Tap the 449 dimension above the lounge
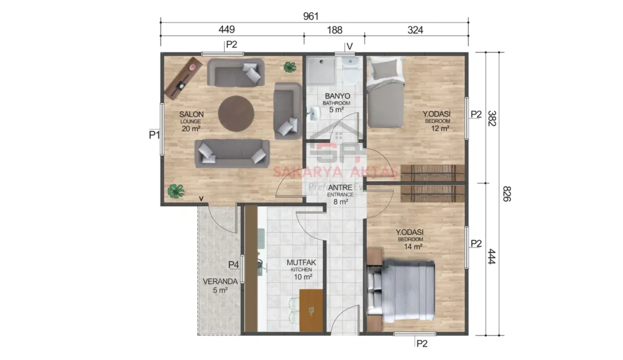[226, 29]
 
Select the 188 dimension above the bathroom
[334, 29]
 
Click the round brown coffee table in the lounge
[236, 114]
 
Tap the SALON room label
[191, 114]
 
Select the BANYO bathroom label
[336, 97]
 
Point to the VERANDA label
[220, 282]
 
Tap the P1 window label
[155, 135]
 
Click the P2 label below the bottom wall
[422, 344]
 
